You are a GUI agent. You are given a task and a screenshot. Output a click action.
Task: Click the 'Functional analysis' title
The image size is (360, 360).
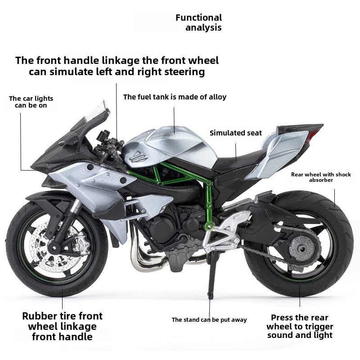pos(198,22)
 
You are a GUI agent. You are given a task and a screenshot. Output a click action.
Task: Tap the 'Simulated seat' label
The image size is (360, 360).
pos(235,133)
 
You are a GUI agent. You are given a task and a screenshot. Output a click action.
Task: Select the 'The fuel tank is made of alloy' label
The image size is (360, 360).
pos(175,97)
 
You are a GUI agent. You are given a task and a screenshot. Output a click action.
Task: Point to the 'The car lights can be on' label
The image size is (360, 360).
pos(31,102)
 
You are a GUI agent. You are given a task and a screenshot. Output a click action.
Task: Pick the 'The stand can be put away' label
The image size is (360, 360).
pos(209,319)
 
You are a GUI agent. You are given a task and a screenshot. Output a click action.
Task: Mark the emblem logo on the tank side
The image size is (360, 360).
pos(137,156)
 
